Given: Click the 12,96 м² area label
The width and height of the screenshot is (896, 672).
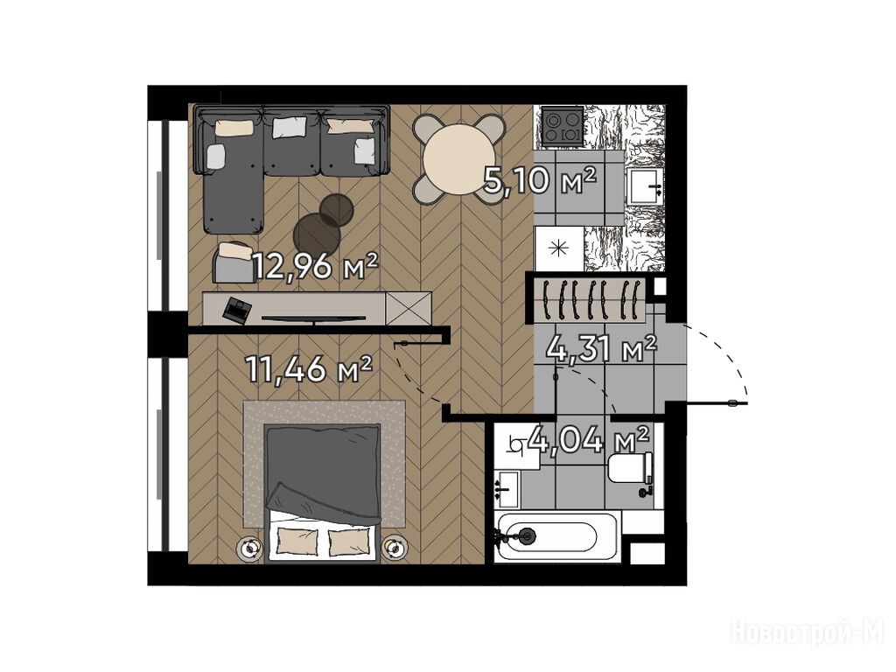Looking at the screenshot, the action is click(x=315, y=266).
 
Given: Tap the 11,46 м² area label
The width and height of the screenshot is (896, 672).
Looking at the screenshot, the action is click(x=309, y=368).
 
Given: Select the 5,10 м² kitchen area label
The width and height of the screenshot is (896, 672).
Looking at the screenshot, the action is click(x=540, y=180).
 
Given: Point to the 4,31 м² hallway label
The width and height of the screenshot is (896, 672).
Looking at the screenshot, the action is click(x=601, y=348).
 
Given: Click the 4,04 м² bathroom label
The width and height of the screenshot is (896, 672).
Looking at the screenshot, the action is click(x=588, y=439).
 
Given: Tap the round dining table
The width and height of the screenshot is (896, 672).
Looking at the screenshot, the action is click(x=459, y=158).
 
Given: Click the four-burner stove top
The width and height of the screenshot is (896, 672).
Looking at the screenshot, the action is click(x=563, y=125).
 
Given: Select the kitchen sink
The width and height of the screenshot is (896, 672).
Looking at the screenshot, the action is click(x=645, y=186).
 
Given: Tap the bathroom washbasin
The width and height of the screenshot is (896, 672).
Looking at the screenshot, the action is click(x=507, y=489).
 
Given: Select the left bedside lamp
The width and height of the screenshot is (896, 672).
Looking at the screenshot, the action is click(x=250, y=548).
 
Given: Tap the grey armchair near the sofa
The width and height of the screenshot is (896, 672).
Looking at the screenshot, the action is click(x=234, y=262).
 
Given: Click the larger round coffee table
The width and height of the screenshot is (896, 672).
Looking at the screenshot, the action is click(x=318, y=233).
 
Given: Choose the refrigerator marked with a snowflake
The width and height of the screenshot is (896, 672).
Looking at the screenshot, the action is click(x=558, y=248).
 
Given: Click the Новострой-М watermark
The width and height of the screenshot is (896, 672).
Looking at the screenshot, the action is click(x=808, y=633).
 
